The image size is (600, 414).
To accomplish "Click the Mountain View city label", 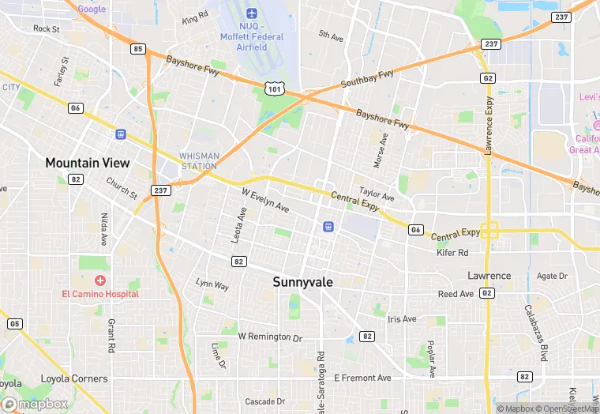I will (x=87, y=163).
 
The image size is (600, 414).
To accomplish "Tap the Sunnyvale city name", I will (x=303, y=281).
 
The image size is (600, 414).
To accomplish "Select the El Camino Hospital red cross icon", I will (x=100, y=280).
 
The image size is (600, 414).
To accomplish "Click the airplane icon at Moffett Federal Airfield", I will (x=252, y=13).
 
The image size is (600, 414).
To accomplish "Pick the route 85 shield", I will (x=138, y=49).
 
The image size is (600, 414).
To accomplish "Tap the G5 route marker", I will (x=14, y=324).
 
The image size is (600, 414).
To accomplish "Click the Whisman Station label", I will (x=198, y=160).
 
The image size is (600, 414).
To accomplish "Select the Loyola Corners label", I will (x=74, y=378).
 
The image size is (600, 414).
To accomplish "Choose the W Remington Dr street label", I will (x=270, y=337).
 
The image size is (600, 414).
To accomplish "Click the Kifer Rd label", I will (x=452, y=253).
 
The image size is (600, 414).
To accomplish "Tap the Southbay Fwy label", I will (x=367, y=79).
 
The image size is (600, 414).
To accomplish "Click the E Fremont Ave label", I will (x=362, y=378).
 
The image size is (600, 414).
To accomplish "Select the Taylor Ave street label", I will (x=376, y=194).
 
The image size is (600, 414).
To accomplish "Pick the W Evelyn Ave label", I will (x=265, y=199).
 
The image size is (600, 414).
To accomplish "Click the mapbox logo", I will (x=34, y=404).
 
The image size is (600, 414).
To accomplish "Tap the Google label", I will (x=92, y=9).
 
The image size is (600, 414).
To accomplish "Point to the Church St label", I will (x=121, y=189).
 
